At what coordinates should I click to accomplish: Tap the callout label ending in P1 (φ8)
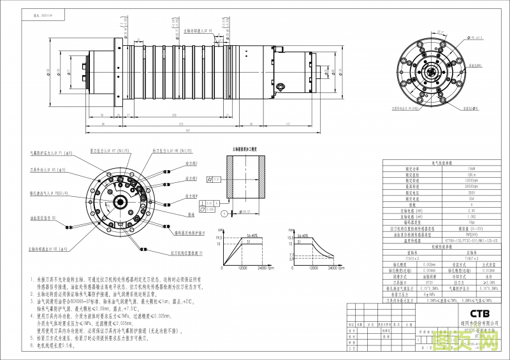(52, 153)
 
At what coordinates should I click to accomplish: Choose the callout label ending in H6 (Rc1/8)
(168, 151)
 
